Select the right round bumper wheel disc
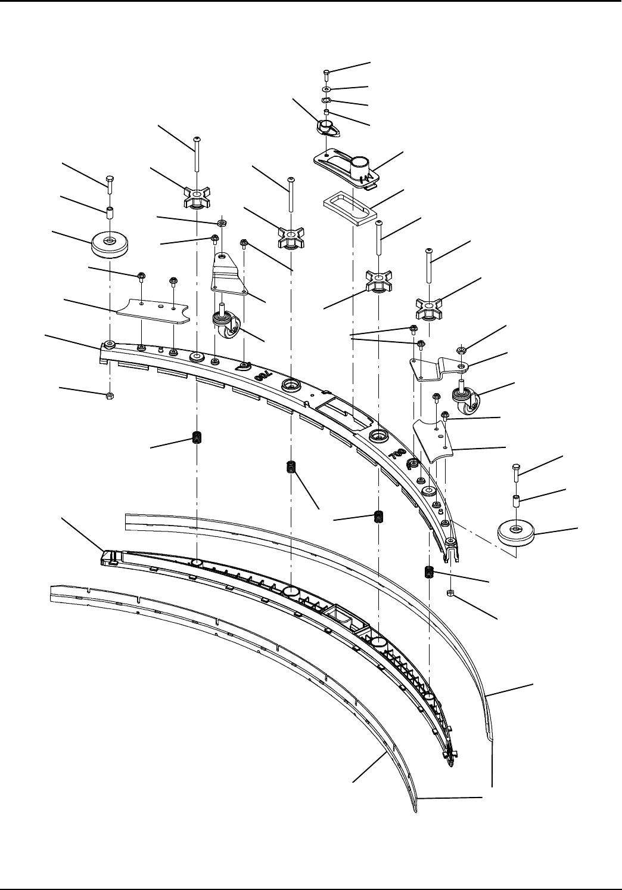click(x=516, y=532)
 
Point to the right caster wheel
click(x=464, y=397)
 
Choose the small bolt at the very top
click(x=326, y=73)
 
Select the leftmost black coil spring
click(x=195, y=438)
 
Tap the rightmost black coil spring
click(x=428, y=572)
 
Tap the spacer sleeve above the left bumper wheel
click(x=110, y=212)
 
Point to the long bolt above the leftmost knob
click(x=196, y=158)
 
